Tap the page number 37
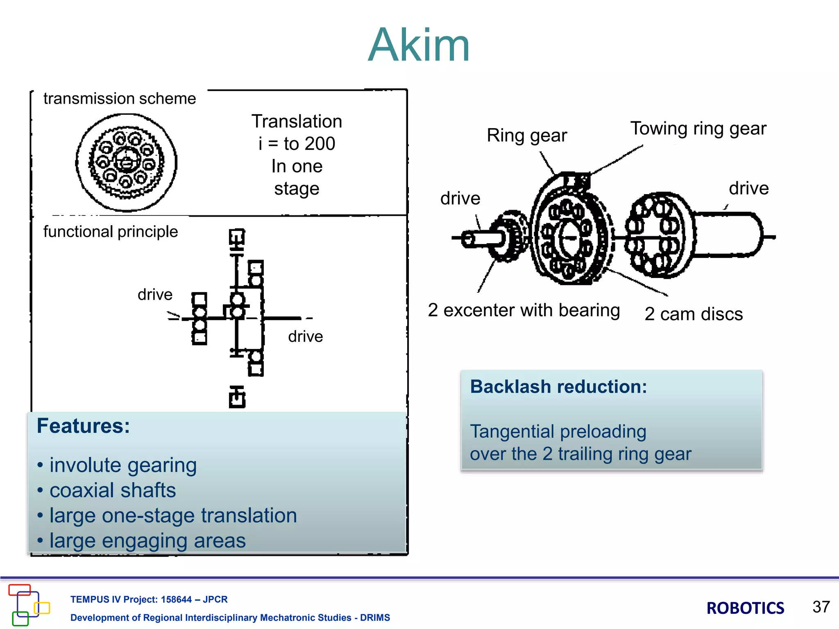coord(821,607)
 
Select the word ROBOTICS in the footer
coord(745,608)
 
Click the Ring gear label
coord(527,136)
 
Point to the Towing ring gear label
coord(698,129)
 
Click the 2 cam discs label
coord(694,314)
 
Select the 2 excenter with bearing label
coord(524,310)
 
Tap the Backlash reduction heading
coord(558,387)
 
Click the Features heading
coord(83,426)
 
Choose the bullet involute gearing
coord(123,466)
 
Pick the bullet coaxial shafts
coord(113,491)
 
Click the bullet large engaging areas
coord(147,541)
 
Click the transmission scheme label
coord(120,99)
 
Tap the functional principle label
coord(111,232)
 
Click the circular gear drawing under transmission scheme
coord(127,163)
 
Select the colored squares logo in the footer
coord(28,605)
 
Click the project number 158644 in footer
coord(176,600)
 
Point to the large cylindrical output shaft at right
coord(727,235)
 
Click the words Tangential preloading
coord(558,432)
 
